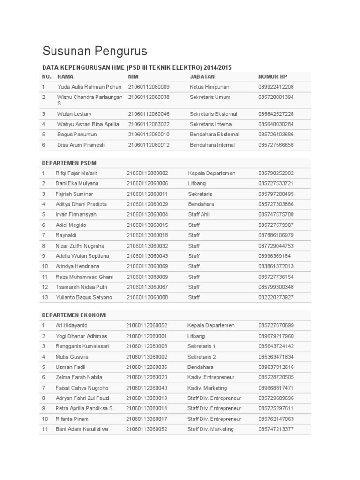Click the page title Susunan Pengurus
[x=95, y=51]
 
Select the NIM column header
[x=133, y=76]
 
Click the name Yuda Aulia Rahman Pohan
[x=89, y=87]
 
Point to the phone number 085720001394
[x=276, y=97]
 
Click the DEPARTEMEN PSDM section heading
[x=69, y=163]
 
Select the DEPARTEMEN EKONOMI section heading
[x=74, y=315]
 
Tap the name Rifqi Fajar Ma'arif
[x=80, y=173]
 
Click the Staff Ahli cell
[x=199, y=215]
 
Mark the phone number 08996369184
[x=274, y=256]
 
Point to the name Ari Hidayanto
[x=71, y=325]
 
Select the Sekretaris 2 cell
[x=202, y=357]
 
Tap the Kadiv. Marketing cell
[x=207, y=388]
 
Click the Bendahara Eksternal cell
[x=214, y=135]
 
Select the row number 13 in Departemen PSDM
[x=45, y=297]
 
